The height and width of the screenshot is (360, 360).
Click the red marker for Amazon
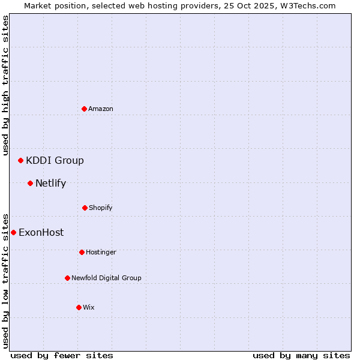[x=84, y=109]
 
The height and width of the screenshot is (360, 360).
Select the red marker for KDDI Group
[x=20, y=160]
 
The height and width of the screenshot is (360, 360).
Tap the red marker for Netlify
[x=30, y=183]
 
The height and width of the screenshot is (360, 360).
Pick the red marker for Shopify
[x=85, y=208]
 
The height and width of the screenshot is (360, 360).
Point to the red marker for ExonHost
[x=13, y=232]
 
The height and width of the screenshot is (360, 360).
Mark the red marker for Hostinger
[x=82, y=252]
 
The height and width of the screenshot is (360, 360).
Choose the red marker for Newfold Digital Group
[x=67, y=278]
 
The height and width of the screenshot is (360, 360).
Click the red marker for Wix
[x=79, y=307]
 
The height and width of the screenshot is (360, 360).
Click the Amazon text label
[x=101, y=109]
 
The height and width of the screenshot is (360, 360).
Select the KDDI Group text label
[x=55, y=160]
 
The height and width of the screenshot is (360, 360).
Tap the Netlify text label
[x=50, y=184]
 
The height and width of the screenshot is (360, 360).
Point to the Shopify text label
[x=101, y=208]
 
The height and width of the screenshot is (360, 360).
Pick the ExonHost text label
[x=41, y=233]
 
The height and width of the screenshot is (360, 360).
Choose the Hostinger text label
[x=101, y=253]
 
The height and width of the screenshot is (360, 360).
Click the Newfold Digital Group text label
[x=106, y=278]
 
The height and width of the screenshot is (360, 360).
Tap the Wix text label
[x=89, y=308]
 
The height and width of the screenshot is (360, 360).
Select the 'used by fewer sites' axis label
[x=62, y=355]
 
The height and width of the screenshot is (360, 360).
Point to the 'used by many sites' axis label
[x=301, y=355]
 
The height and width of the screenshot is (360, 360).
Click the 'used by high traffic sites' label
[x=5, y=85]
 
